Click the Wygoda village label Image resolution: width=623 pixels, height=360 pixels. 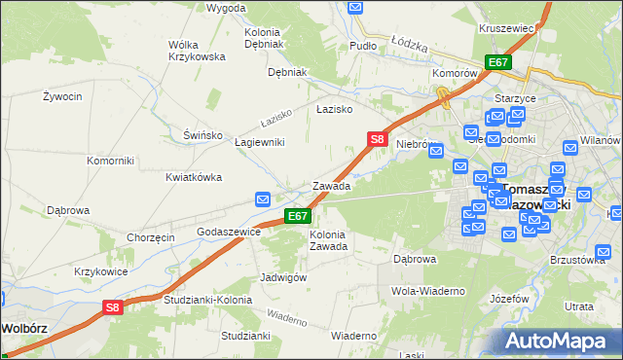pyautogui.click(x=227, y=8)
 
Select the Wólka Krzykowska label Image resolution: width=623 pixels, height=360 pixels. pyautogui.click(x=190, y=51)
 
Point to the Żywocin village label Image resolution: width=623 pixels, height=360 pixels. pyautogui.click(x=61, y=96)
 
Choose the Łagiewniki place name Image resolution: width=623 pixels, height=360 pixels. pyautogui.click(x=260, y=142)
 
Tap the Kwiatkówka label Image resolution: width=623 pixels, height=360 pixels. pyautogui.click(x=194, y=177)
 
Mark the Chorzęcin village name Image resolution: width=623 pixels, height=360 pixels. pyautogui.click(x=150, y=237)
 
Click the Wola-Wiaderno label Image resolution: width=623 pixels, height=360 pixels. pyautogui.click(x=427, y=291)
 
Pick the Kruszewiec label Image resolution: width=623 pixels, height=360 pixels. pyautogui.click(x=506, y=29)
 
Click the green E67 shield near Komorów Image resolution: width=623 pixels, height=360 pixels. pyautogui.click(x=498, y=62)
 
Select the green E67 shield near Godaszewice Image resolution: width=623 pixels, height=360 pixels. pyautogui.click(x=298, y=216)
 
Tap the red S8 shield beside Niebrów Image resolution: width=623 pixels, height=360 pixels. pyautogui.click(x=379, y=140)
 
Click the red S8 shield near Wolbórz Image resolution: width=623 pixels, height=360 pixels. pyautogui.click(x=114, y=307)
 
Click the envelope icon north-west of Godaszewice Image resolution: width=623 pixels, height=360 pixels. pyautogui.click(x=263, y=199)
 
